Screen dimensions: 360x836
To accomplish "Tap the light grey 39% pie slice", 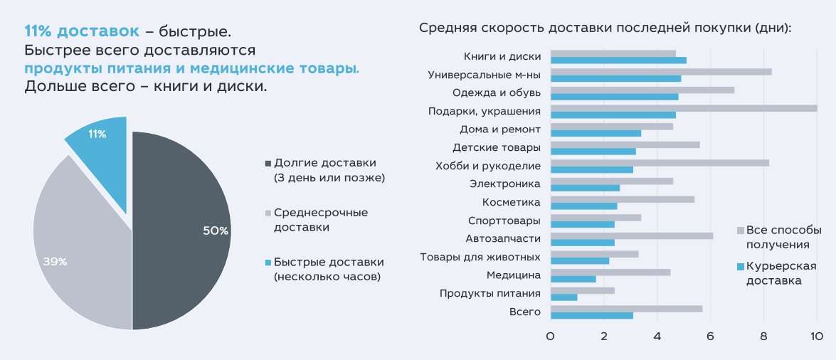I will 78,242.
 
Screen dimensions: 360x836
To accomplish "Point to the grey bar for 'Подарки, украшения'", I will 683,107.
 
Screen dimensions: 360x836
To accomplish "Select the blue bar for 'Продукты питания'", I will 563,297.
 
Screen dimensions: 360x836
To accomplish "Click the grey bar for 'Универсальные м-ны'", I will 661,71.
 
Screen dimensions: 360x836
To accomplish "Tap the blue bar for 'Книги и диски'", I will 618,60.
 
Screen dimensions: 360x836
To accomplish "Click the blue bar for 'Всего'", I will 591,315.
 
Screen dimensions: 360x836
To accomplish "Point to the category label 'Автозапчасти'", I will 503,238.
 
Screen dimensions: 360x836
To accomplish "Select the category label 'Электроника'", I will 505,184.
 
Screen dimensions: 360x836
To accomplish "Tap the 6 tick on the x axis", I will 710,337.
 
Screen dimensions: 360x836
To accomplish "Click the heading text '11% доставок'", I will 82,32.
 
